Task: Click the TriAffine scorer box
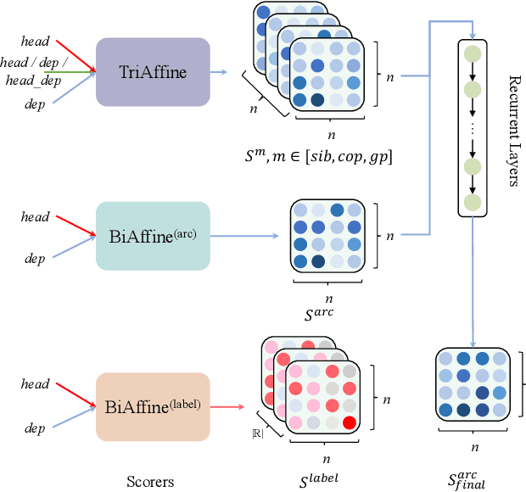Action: pyautogui.click(x=153, y=72)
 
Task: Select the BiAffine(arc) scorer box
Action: pyautogui.click(x=153, y=236)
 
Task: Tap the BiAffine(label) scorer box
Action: pyautogui.click(x=153, y=407)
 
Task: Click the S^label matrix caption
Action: pyautogui.click(x=321, y=479)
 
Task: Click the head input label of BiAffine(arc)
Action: pyautogui.click(x=36, y=217)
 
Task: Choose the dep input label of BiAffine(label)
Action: pyautogui.click(x=36, y=428)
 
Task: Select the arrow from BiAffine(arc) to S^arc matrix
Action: pyautogui.click(x=246, y=236)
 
